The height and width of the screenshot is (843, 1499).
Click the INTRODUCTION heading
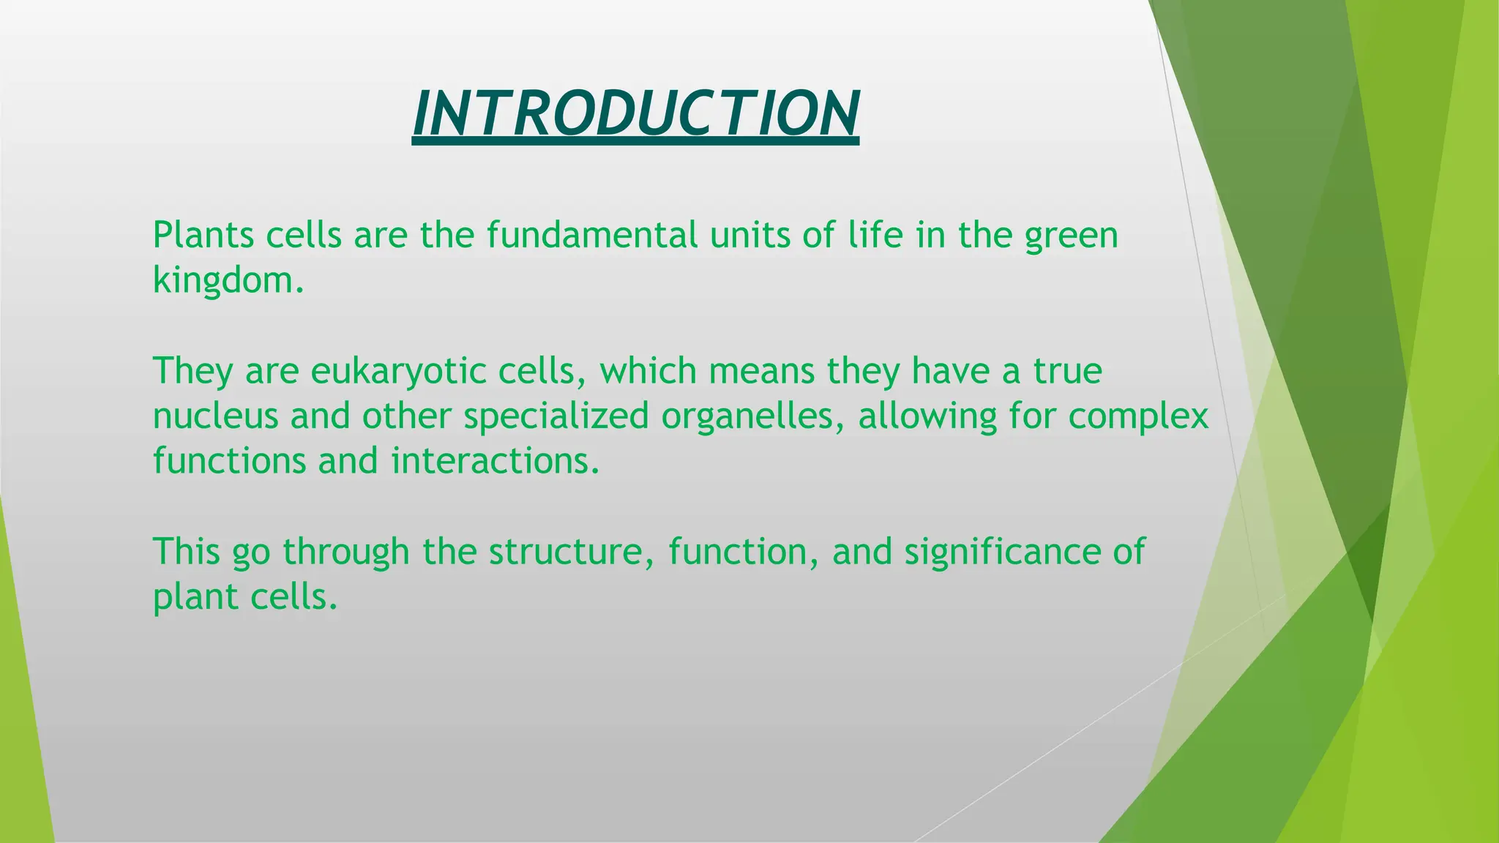635,113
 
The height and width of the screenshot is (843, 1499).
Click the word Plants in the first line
202,236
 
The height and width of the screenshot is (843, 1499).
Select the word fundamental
592,236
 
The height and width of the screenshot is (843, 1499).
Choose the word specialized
556,416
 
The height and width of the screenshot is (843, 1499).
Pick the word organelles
752,416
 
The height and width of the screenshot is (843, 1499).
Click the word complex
1138,416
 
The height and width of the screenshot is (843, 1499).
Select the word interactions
495,462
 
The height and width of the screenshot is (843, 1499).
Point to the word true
1067,371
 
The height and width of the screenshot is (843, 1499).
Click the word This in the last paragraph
186,552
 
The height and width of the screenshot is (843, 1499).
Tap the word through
346,552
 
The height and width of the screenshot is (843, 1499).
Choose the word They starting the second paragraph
193,371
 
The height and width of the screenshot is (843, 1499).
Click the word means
761,371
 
